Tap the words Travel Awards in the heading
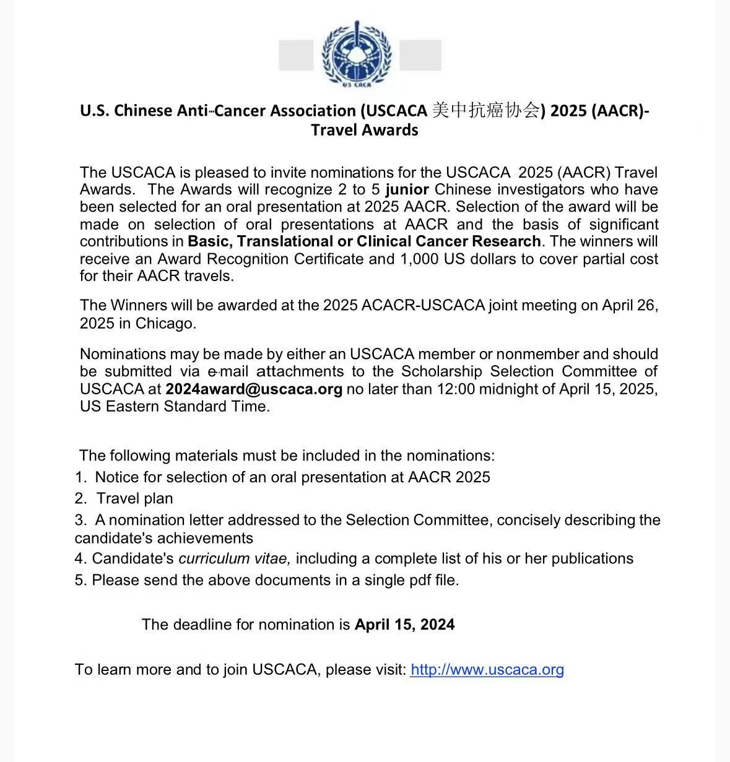click(x=365, y=130)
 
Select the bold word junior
click(x=407, y=189)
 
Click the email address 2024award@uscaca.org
click(x=254, y=389)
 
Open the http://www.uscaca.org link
click(x=487, y=670)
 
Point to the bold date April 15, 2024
click(x=404, y=625)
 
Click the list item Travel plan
click(x=134, y=499)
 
